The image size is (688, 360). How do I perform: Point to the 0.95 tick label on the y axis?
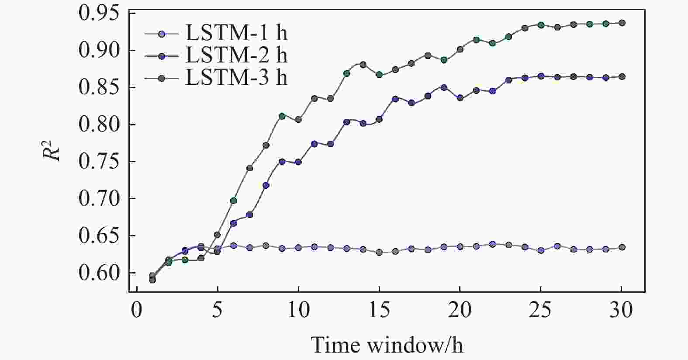point(98,14)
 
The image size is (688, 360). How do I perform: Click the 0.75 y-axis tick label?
point(98,162)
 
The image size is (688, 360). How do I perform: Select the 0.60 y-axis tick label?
point(98,273)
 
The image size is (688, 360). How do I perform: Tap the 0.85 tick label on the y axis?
point(98,87)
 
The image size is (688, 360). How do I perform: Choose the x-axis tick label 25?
point(540,311)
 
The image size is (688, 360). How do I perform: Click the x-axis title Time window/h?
point(387,345)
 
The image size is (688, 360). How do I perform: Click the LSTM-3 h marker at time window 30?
point(622,23)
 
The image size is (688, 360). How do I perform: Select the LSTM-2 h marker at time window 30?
point(622,77)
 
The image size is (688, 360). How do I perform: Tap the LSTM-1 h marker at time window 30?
point(622,247)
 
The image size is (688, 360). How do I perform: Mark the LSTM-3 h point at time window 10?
point(298,119)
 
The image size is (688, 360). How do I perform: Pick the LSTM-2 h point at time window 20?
point(460,98)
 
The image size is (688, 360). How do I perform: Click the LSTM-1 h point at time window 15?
point(379,253)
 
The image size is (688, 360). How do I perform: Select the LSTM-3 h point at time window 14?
point(363,65)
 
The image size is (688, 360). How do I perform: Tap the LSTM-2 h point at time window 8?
point(266,185)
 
